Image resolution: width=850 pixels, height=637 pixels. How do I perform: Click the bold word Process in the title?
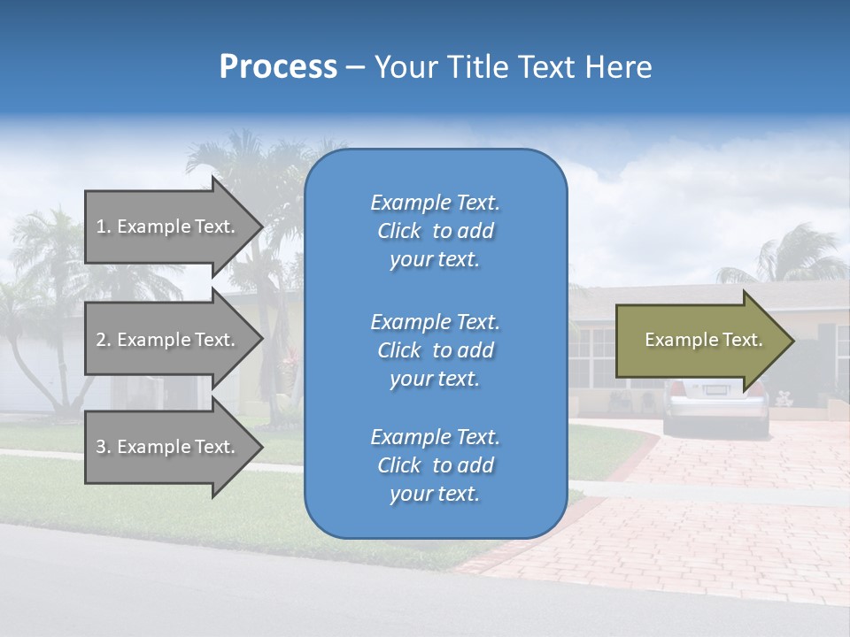coord(278,67)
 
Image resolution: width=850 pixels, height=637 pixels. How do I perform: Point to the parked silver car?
coord(715,407)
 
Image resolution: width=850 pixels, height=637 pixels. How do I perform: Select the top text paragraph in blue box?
coord(435,231)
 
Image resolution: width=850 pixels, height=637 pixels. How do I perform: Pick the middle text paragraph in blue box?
coord(435,350)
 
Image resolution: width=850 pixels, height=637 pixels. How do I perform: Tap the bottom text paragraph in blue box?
coord(435,465)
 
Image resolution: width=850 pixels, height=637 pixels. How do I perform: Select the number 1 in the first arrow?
coord(101,226)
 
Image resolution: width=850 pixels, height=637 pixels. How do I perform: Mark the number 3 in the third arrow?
coord(101,447)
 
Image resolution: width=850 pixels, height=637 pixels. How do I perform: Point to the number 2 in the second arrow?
coord(101,340)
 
